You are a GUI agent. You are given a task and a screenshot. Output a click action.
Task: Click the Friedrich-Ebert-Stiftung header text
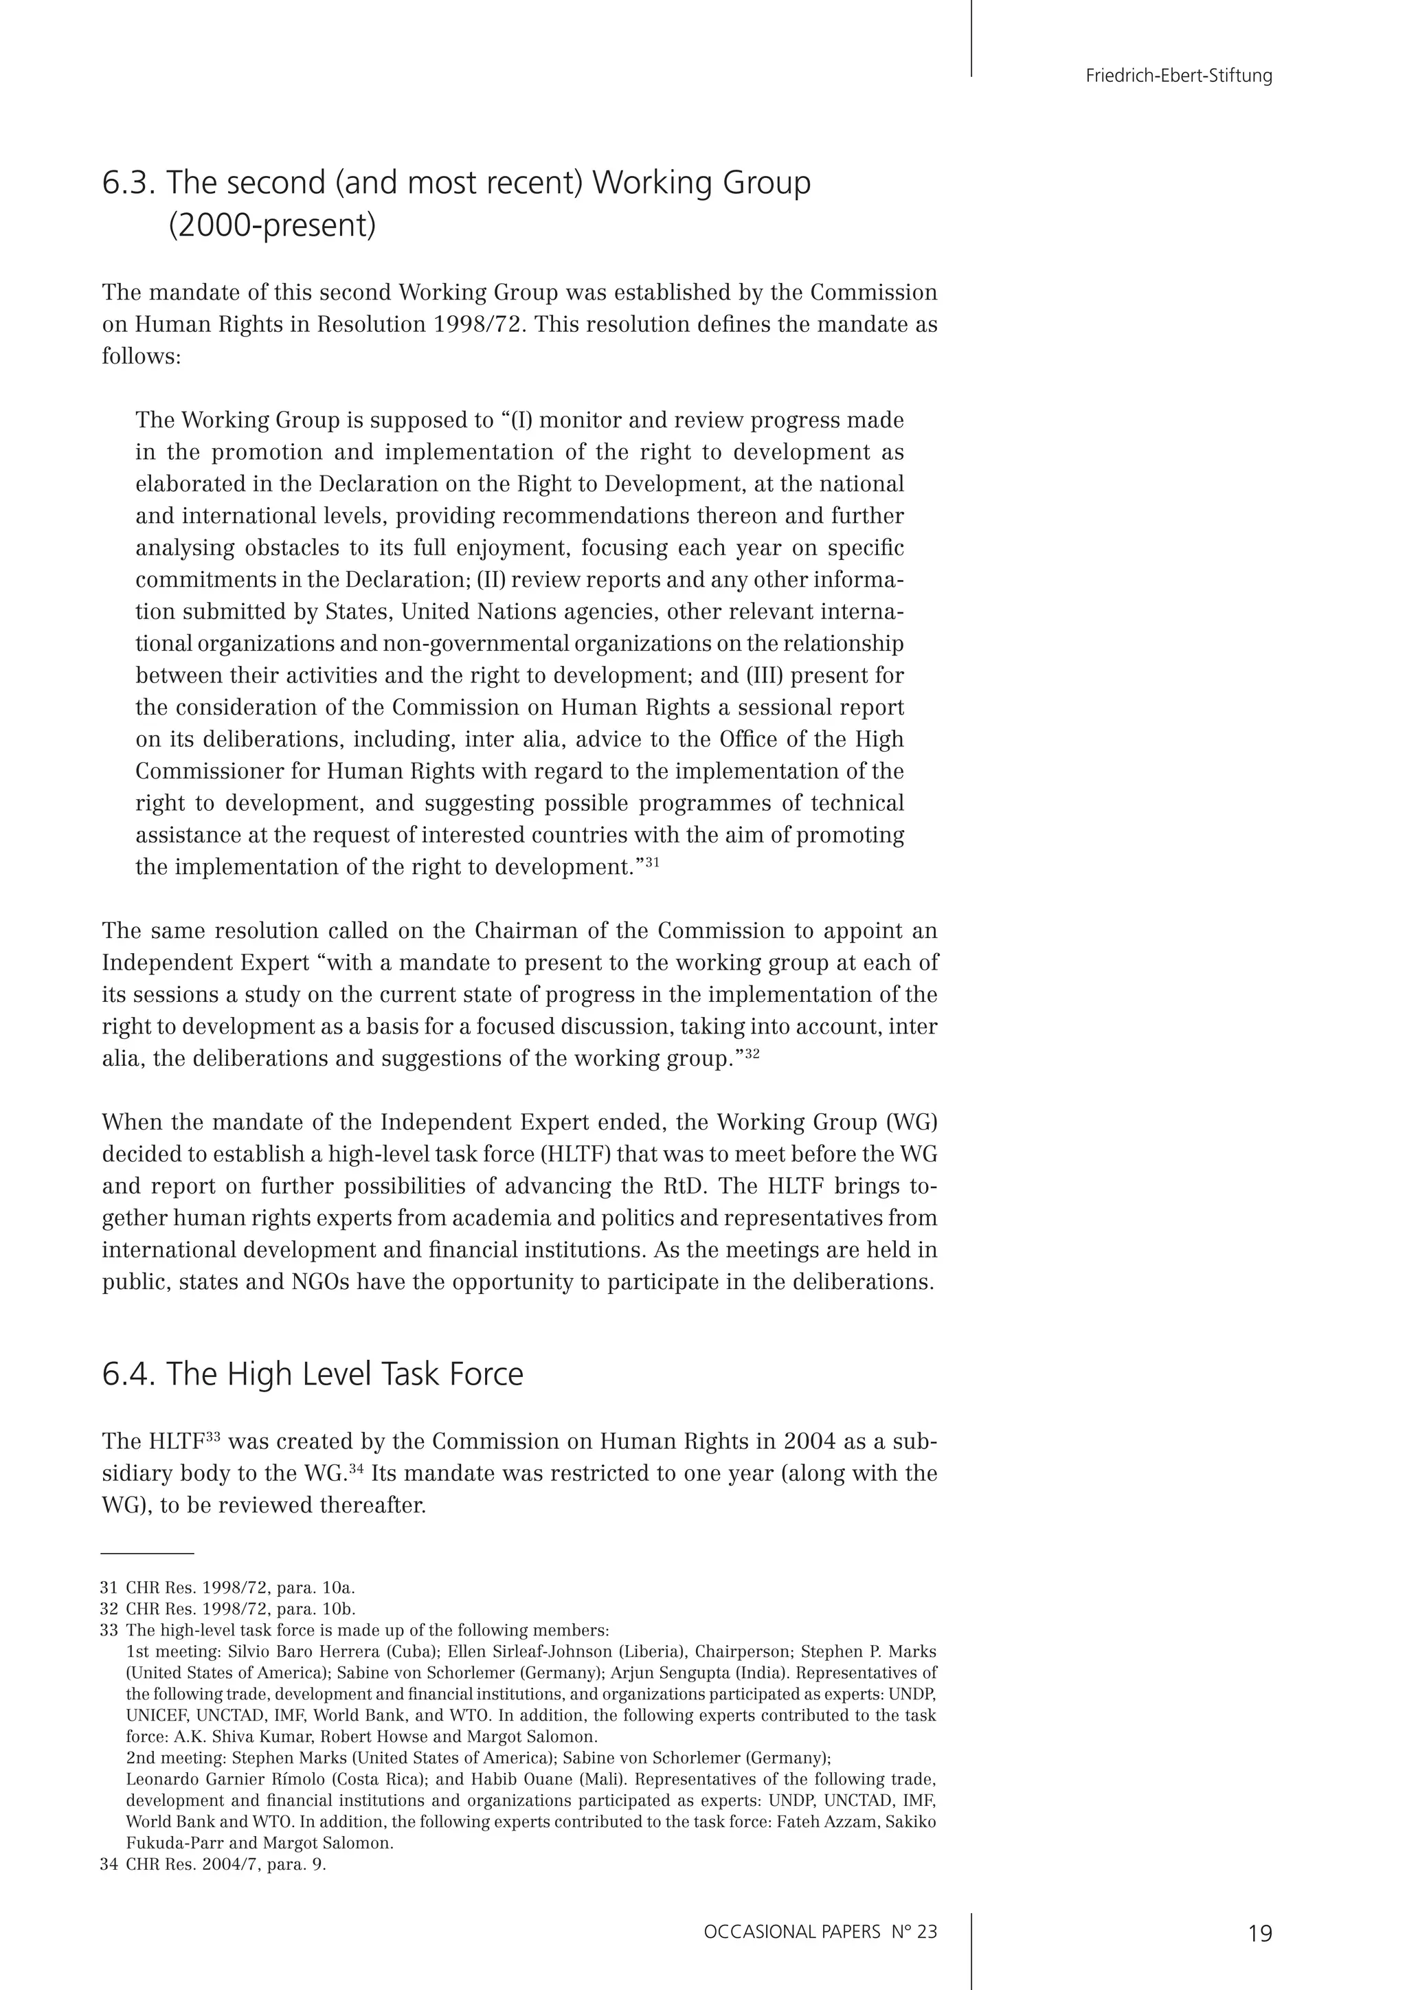tap(1178, 76)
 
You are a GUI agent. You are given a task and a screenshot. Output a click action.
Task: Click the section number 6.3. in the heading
tap(129, 183)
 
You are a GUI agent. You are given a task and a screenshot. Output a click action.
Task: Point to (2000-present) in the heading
tap(272, 226)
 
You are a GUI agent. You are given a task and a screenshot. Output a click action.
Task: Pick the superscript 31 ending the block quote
tap(653, 862)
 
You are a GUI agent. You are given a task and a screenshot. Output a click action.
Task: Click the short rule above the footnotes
tap(147, 1554)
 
